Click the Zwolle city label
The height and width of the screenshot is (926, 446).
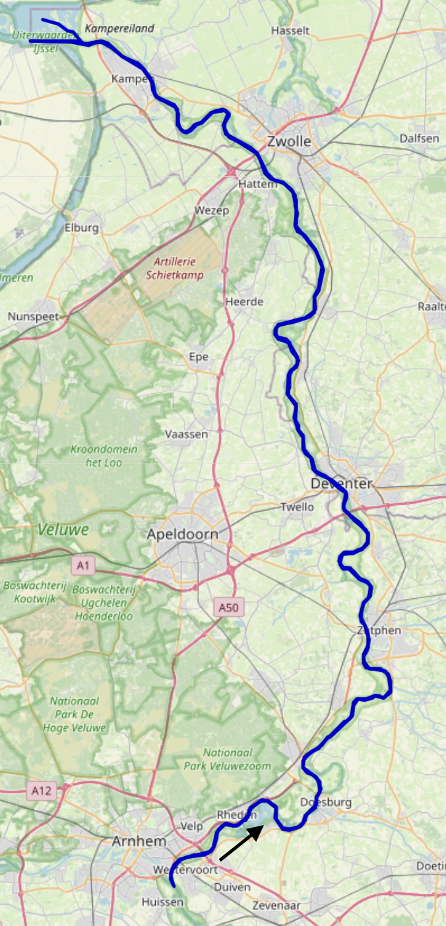click(289, 142)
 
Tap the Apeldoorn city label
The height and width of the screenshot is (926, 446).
click(182, 534)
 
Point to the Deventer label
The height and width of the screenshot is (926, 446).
click(342, 484)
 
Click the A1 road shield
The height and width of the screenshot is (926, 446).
click(82, 565)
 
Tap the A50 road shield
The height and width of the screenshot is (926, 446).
click(228, 607)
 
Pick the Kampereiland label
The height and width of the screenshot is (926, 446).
click(119, 28)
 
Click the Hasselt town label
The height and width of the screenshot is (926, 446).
click(290, 31)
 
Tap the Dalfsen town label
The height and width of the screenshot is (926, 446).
click(419, 139)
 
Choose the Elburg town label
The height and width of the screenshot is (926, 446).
click(81, 228)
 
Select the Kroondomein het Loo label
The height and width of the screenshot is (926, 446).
click(105, 456)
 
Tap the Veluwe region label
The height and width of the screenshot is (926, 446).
click(63, 529)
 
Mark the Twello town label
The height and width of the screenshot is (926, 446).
click(297, 507)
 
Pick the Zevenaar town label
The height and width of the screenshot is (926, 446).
click(276, 906)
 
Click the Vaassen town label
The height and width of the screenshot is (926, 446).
click(186, 434)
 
